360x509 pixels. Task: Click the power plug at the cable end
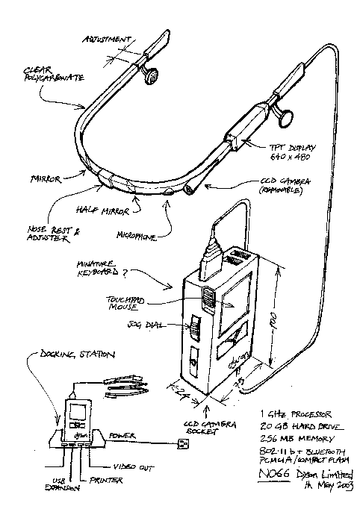[x=181, y=446]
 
